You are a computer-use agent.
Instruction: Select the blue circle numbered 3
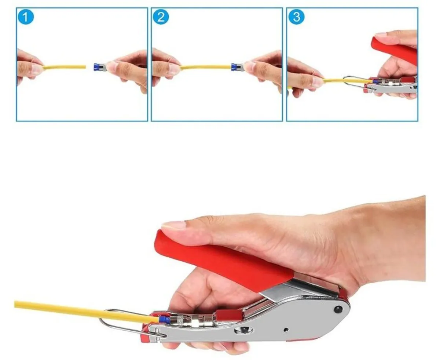296,17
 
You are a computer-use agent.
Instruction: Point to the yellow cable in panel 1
64,67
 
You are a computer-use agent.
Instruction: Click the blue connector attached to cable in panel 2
234,67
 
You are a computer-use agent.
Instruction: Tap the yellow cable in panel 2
205,67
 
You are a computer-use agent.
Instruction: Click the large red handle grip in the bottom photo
224,260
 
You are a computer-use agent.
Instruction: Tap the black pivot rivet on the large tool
338,309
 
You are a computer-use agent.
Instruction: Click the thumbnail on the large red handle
174,225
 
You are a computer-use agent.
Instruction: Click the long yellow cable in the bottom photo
73,310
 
